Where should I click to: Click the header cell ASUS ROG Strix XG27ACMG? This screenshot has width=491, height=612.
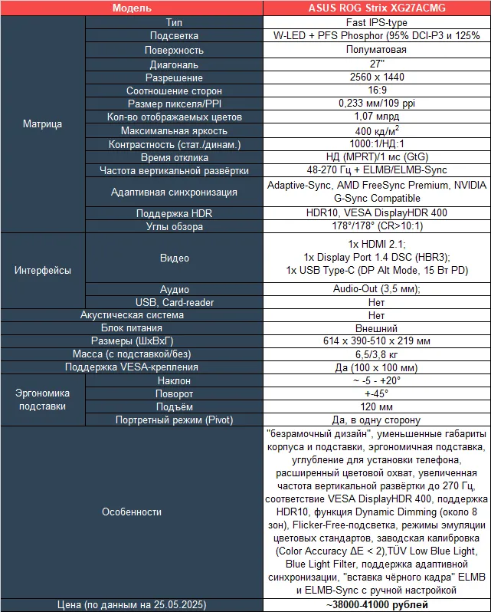pyautogui.click(x=376, y=8)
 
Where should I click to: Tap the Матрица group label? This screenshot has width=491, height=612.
pyautogui.click(x=42, y=123)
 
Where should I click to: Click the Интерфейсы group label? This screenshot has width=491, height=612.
pyautogui.click(x=42, y=270)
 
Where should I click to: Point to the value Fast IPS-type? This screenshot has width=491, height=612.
pyautogui.click(x=376, y=22)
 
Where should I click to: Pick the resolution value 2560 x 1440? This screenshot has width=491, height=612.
pyautogui.click(x=376, y=77)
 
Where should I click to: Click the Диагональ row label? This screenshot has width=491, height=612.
pyautogui.click(x=174, y=64)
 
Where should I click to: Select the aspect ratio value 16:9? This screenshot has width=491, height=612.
pyautogui.click(x=376, y=91)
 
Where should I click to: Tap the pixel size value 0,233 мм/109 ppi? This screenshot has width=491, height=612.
pyautogui.click(x=376, y=104)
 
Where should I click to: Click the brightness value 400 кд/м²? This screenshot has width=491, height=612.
pyautogui.click(x=376, y=131)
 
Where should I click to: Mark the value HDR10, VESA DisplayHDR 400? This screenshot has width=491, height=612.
pyautogui.click(x=376, y=212)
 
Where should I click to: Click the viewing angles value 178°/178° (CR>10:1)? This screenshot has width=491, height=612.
pyautogui.click(x=376, y=226)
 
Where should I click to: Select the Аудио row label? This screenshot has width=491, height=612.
pyautogui.click(x=174, y=289)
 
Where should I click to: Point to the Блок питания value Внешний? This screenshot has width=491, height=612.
pyautogui.click(x=376, y=327)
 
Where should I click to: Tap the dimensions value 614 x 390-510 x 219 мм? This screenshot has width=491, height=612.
pyautogui.click(x=376, y=341)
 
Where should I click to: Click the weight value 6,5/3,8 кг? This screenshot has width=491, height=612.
pyautogui.click(x=376, y=354)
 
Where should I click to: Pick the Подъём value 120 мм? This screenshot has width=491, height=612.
pyautogui.click(x=376, y=406)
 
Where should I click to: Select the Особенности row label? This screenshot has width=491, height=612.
pyautogui.click(x=132, y=512)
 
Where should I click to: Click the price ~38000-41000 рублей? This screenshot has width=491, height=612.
pyautogui.click(x=376, y=604)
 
